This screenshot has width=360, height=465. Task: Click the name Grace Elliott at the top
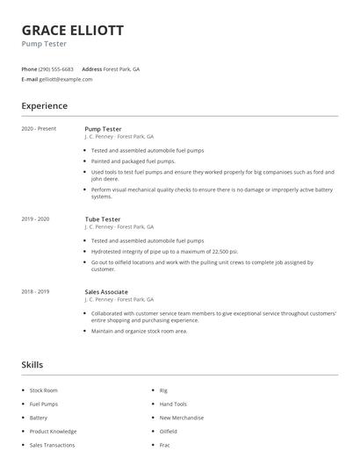pos(73,30)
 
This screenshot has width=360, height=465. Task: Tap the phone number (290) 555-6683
pos(56,68)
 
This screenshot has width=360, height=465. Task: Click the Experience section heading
pos(45,106)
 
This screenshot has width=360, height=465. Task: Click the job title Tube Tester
pos(102,218)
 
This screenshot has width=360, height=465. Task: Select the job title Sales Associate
pos(106,291)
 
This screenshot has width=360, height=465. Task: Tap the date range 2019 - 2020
pos(36,218)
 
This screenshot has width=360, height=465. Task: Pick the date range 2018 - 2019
pos(36,291)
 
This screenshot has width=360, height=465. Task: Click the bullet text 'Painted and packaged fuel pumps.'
pos(133,161)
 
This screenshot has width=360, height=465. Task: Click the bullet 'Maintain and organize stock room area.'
pos(140,331)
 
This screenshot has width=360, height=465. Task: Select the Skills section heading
pos(32,364)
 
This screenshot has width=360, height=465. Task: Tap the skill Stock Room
pos(43,390)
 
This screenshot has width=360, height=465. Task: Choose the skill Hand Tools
pos(173,404)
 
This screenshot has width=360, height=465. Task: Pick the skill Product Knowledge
pos(53,432)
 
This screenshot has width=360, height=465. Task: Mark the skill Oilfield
pos(169,432)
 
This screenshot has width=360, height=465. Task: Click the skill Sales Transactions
pos(53,446)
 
